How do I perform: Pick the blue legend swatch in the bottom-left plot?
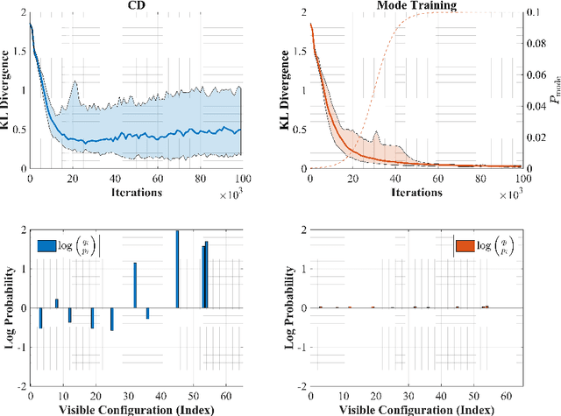[x=46, y=244]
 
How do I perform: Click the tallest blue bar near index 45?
[x=177, y=269]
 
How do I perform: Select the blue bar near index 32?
[x=135, y=285]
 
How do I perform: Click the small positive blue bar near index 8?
[x=57, y=303]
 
